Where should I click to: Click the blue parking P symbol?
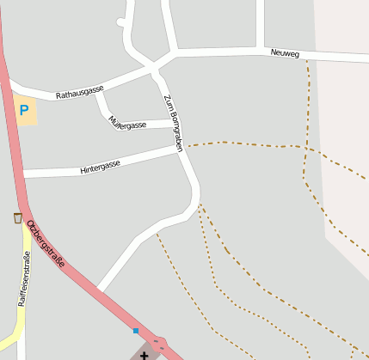(24, 110)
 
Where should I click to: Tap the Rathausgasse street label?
(80, 89)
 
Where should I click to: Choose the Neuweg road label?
(284, 54)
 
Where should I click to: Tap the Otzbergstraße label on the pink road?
(46, 244)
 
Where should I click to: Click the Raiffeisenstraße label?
(27, 280)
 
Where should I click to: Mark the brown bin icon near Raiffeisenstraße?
(18, 218)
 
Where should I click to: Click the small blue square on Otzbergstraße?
(135, 330)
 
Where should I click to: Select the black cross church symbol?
(144, 354)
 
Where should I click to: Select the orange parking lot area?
(26, 112)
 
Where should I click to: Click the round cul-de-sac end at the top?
(123, 21)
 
